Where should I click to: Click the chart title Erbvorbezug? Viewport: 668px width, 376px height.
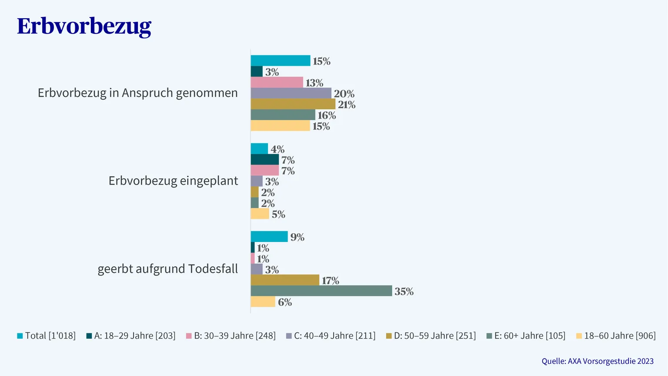tap(84, 27)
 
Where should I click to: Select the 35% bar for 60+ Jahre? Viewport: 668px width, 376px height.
tap(321, 291)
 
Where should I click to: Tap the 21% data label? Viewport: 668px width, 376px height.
tap(347, 104)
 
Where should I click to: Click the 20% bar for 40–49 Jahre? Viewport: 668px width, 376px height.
tap(291, 93)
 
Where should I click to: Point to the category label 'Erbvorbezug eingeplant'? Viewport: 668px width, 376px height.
tap(173, 181)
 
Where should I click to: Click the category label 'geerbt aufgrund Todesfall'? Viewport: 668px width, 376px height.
tap(168, 269)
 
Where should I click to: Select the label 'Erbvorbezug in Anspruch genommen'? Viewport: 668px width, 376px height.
tap(138, 93)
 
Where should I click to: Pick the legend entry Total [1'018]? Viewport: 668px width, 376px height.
tap(47, 336)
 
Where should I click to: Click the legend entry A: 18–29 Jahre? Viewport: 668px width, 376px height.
tap(131, 336)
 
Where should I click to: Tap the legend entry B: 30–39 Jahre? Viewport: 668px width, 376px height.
tap(231, 336)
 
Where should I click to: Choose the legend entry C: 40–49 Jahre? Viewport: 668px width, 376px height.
tap(331, 336)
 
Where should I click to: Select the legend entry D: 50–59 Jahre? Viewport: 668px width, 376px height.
tap(431, 336)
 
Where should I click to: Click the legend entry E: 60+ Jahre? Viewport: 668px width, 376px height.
tap(526, 336)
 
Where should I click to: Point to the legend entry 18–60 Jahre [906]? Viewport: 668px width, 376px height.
tap(616, 336)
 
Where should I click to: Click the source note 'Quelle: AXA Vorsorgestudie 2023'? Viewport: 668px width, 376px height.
tap(598, 361)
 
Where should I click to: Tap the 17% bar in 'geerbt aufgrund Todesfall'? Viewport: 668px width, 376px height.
tap(285, 280)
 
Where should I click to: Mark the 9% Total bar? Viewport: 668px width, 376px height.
tap(269, 237)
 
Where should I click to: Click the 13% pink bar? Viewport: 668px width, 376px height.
tap(277, 82)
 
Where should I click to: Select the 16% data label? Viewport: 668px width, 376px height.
tap(327, 115)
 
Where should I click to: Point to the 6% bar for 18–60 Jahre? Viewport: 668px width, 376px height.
tap(263, 302)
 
